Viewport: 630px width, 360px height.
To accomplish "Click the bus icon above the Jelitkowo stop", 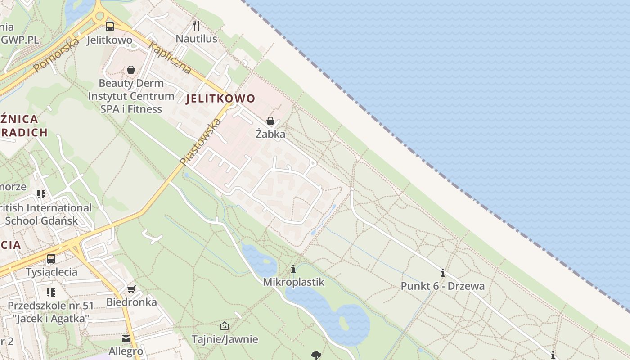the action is point(110,26).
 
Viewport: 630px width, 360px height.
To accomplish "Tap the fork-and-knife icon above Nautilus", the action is point(196,25).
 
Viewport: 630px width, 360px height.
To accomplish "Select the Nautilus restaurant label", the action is point(196,39).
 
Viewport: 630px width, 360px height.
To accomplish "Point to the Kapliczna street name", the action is point(170,58).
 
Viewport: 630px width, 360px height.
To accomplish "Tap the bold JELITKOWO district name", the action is point(220,99).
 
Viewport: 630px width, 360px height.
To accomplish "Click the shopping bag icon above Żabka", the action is point(270,121).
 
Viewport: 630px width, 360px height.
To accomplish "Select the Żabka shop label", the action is point(270,134).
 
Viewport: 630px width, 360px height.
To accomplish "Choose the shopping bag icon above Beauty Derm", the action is point(131,70).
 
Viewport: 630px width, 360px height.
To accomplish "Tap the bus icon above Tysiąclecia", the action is point(51,259).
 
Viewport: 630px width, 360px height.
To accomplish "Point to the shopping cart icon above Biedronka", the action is point(131,289).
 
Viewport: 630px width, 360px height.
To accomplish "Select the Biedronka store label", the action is point(131,302).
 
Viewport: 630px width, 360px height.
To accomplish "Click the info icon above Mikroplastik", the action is point(293,269).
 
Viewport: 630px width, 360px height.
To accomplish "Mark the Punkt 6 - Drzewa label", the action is point(443,286).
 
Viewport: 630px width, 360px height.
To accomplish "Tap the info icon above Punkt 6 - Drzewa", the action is point(443,273).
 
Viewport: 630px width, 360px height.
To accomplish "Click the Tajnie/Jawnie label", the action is point(225,339).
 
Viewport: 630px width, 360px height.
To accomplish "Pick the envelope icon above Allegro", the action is point(126,338).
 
